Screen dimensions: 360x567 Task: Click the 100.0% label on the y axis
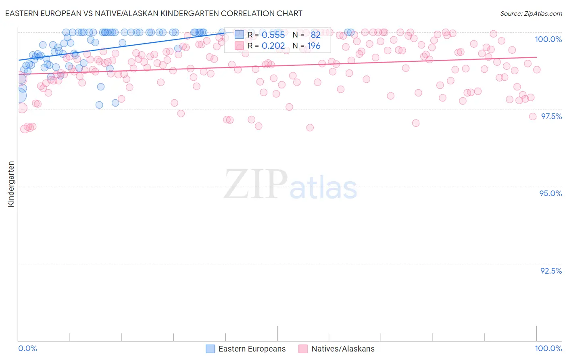pyautogui.click(x=548, y=39)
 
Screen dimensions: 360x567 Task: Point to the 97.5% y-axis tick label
pyautogui.click(x=551, y=116)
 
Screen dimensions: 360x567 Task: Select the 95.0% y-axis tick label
pyautogui.click(x=550, y=193)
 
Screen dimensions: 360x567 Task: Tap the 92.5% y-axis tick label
pyautogui.click(x=551, y=271)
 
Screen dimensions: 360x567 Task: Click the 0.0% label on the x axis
pyautogui.click(x=27, y=348)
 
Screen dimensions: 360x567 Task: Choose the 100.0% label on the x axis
pyautogui.click(x=548, y=348)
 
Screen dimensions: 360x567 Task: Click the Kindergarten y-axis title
pyautogui.click(x=11, y=184)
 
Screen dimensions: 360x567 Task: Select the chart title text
pyautogui.click(x=154, y=13)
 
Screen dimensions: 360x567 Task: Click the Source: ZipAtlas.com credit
pyautogui.click(x=531, y=14)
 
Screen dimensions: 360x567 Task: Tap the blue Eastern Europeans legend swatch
pyautogui.click(x=210, y=349)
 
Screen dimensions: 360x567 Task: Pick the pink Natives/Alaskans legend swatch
pyautogui.click(x=303, y=349)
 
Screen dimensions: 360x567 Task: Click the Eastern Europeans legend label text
pyautogui.click(x=252, y=349)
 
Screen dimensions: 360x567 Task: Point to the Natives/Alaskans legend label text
pyautogui.click(x=343, y=349)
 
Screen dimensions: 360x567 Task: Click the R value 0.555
pyautogui.click(x=273, y=35)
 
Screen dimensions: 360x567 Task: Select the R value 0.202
pyautogui.click(x=273, y=46)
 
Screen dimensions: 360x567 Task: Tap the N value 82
pyautogui.click(x=315, y=35)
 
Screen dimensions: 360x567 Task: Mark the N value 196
pyautogui.click(x=314, y=46)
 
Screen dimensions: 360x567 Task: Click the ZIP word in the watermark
pyautogui.click(x=256, y=184)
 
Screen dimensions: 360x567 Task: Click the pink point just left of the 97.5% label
pyautogui.click(x=532, y=116)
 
